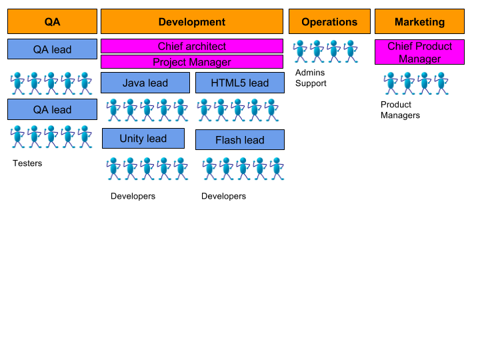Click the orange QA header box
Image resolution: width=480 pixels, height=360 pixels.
point(52,21)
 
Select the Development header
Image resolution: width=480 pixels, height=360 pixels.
point(192,21)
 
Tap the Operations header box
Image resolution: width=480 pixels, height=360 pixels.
point(329,21)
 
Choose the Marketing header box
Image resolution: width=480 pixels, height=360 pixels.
point(419,21)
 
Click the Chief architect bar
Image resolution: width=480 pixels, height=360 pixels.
point(192,46)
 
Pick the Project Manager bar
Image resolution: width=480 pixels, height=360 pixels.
point(192,62)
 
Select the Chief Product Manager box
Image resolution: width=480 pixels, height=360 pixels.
point(419,52)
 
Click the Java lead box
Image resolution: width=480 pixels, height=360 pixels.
point(145,83)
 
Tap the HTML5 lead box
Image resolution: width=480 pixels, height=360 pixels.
point(240,83)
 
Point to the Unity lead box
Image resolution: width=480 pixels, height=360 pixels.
point(143,139)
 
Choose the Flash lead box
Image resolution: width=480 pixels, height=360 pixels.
point(240,140)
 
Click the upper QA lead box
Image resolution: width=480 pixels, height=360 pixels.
point(52,49)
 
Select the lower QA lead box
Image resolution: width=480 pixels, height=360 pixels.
point(52,109)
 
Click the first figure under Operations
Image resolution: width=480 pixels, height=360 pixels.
point(300,51)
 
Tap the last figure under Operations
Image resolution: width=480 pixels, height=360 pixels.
point(351,51)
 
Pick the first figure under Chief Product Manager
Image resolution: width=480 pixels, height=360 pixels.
point(391,83)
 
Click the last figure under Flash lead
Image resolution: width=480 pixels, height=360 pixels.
point(277,169)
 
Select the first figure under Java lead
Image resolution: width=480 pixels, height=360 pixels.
point(113,110)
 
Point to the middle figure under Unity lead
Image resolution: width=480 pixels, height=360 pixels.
point(147,169)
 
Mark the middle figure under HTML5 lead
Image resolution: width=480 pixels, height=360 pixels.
point(237,110)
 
